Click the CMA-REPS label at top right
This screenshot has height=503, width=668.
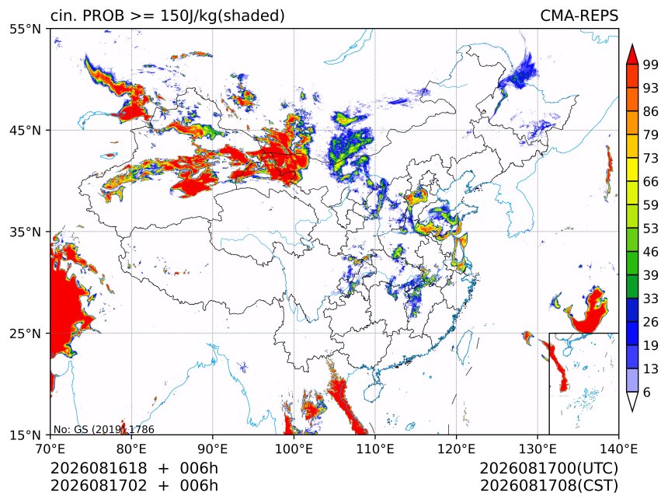click(579, 16)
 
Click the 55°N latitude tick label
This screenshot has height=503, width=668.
click(25, 30)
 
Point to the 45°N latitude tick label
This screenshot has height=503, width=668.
click(25, 131)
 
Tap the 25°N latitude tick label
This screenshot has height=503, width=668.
click(25, 334)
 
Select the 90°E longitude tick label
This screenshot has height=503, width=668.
click(212, 449)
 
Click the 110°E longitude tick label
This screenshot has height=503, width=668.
click(375, 449)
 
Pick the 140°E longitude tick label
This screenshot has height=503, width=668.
click(618, 449)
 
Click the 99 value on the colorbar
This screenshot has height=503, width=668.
click(651, 65)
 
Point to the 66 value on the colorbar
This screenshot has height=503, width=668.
click(651, 182)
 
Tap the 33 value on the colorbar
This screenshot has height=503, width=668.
click(651, 299)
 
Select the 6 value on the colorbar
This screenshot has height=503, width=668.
click(647, 392)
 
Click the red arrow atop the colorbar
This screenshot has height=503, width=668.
click(632, 54)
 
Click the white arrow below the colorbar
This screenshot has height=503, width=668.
click(632, 402)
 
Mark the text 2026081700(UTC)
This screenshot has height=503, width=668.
click(549, 469)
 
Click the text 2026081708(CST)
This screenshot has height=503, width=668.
click(549, 486)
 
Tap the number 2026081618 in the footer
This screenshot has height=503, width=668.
click(99, 469)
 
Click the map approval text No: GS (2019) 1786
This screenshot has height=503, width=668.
click(104, 429)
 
